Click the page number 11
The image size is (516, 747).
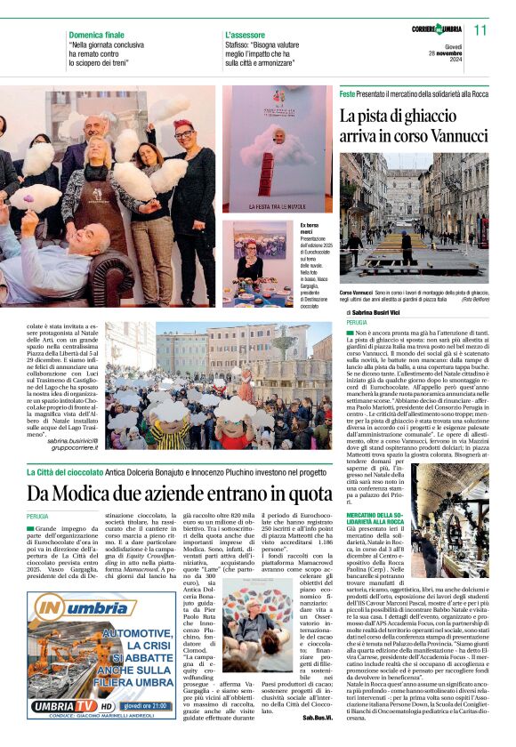tap(481, 29)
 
